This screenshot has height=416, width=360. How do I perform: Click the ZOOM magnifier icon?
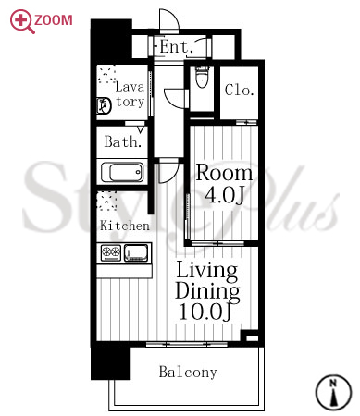click(20, 20)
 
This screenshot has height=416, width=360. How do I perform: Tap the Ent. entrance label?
click(177, 47)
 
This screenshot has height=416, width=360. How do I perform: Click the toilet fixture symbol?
click(202, 77)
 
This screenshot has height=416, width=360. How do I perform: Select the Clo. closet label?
click(239, 90)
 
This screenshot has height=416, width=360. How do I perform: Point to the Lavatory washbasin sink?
click(104, 105)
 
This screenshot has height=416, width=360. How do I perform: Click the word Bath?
click(123, 141)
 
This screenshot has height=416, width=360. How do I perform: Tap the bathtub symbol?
click(122, 172)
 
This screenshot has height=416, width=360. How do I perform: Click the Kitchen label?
click(125, 226)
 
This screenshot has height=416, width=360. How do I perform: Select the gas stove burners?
click(111, 252)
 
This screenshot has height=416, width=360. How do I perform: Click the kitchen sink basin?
click(136, 252)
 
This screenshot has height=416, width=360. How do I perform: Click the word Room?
click(225, 173)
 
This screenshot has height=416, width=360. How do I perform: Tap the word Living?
click(207, 272)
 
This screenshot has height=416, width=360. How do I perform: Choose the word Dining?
click(207, 291)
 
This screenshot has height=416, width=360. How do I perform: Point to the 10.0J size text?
click(205, 312)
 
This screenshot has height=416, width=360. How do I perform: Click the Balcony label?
click(188, 372)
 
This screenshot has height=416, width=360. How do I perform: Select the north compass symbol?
click(333, 392)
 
